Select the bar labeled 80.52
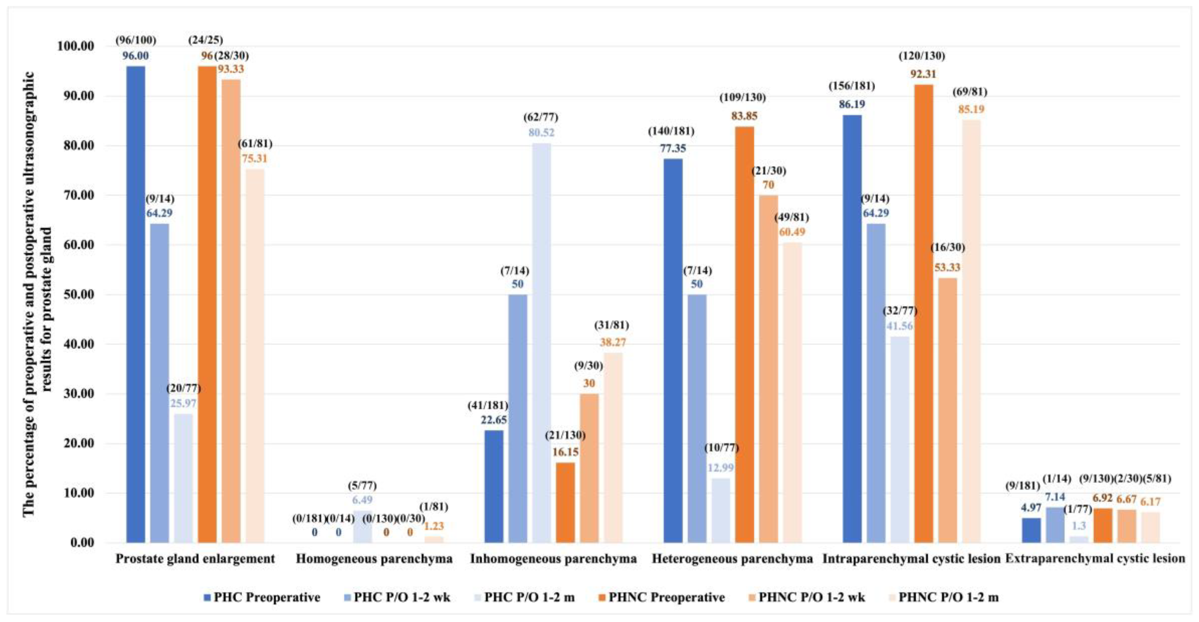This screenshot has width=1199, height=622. point(541,343)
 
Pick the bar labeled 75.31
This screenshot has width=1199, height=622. point(255,356)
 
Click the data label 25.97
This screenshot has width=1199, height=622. point(183,403)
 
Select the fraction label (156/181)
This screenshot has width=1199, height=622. point(852,86)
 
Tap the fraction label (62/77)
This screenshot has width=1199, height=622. point(541,117)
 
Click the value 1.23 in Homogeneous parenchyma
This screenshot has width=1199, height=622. point(434,526)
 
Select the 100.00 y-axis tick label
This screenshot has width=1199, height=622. point(75,46)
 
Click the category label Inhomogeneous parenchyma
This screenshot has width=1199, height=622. point(553,559)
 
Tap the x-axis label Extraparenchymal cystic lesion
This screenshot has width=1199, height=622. point(1095,559)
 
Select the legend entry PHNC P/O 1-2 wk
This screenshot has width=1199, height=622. point(811,597)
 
